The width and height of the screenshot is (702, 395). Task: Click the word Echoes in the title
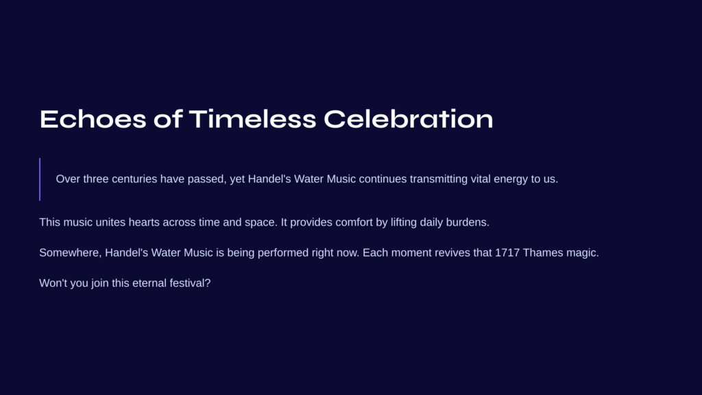pos(93,119)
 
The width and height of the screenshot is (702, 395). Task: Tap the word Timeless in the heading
pos(252,119)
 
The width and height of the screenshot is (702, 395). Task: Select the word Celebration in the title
pos(409,119)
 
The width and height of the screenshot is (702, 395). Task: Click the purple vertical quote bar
pos(40,179)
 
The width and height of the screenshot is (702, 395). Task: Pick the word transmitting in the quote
pos(439,179)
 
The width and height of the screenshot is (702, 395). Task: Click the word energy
pos(511,180)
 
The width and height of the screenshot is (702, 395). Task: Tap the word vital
pos(481,179)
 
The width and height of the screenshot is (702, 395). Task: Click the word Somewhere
pos(71,253)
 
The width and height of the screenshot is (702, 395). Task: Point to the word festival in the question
pos(187,283)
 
